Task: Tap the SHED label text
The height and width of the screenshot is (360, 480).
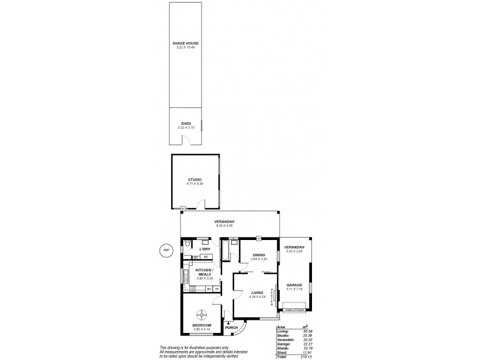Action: [186, 124]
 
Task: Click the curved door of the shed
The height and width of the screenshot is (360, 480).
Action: [187, 141]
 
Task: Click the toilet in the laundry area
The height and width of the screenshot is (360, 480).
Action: [188, 245]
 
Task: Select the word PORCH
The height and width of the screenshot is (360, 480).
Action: [232, 328]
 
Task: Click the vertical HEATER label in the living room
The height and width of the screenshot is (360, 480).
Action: [273, 298]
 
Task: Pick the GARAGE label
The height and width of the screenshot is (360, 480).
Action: [294, 286]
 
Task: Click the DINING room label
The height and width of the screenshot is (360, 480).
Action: [259, 254]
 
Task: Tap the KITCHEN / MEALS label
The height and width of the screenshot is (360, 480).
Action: [205, 273]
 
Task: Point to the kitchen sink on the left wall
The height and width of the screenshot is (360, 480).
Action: [185, 276]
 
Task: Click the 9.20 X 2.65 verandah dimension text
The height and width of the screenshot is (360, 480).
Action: [225, 227]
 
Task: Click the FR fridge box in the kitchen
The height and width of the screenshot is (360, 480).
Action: [217, 289]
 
